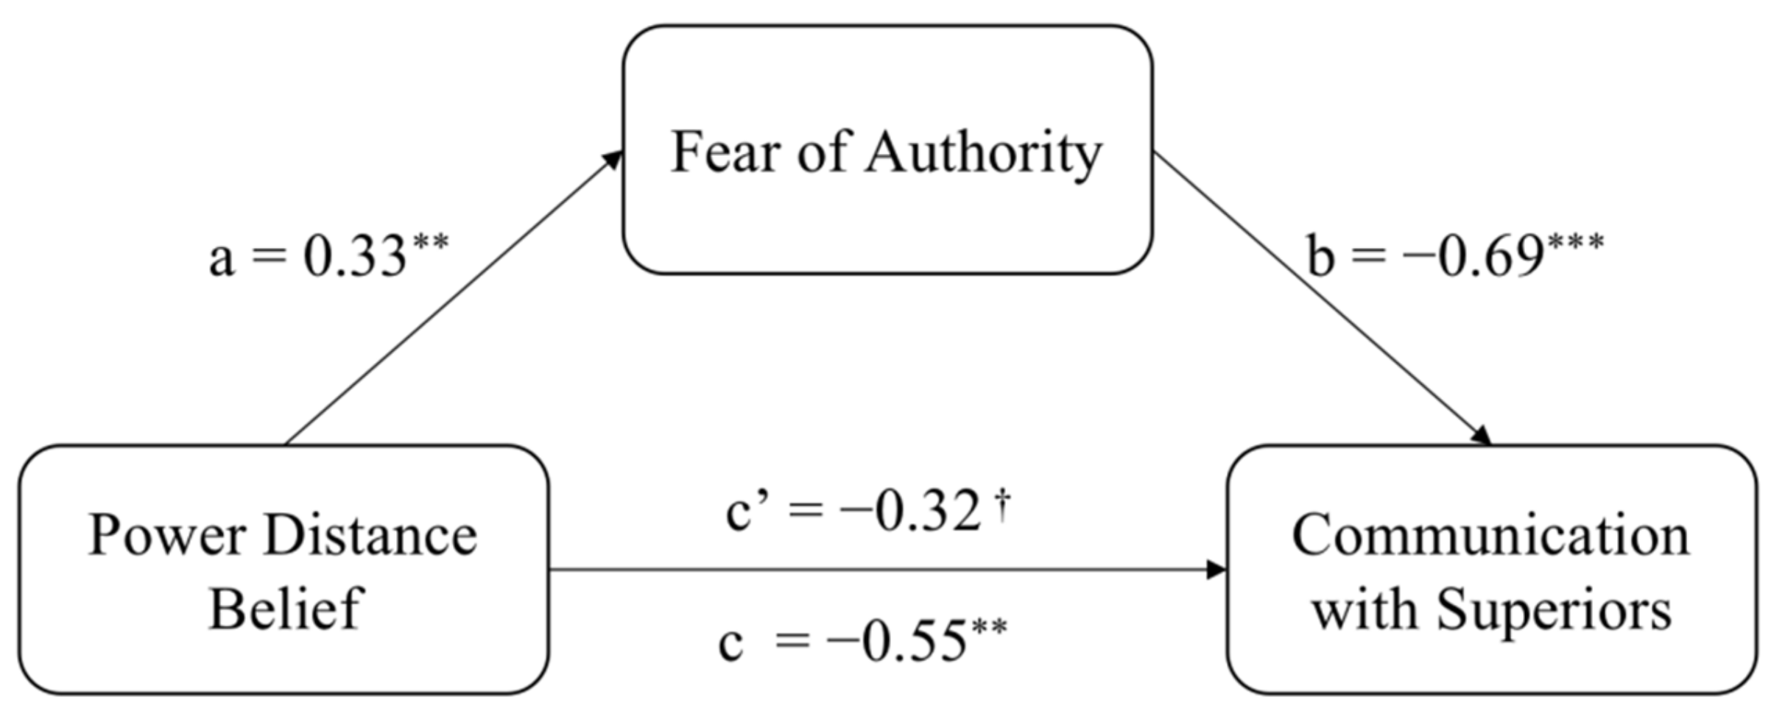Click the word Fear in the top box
(x=725, y=152)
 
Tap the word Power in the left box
(x=167, y=535)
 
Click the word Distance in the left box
(x=370, y=535)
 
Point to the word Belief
(x=286, y=609)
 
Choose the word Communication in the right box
(x=1490, y=535)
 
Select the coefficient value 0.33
(x=355, y=258)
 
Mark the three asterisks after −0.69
(x=1575, y=243)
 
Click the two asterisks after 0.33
(x=430, y=243)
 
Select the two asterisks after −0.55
(x=989, y=629)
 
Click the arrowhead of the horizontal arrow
(x=1216, y=569)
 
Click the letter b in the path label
(x=1320, y=258)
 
